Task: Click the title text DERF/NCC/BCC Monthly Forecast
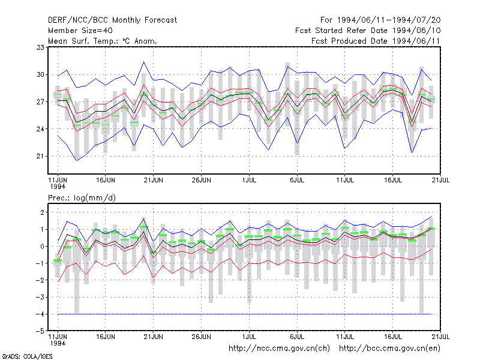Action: pos(112,20)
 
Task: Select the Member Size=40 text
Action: pos(80,31)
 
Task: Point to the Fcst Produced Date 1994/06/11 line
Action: pos(376,41)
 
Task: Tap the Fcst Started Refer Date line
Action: pos(368,31)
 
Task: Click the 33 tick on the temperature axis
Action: pos(40,47)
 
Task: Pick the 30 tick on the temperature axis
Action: pos(40,74)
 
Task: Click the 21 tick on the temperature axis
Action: pos(40,157)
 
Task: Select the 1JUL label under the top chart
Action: pos(249,181)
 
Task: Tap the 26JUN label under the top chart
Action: pos(201,181)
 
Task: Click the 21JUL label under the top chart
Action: pos(440,181)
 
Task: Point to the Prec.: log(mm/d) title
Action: pos(82,198)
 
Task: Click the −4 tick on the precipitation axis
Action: pos(40,314)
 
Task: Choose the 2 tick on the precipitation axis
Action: pos(42,212)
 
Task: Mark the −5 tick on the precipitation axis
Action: pos(40,331)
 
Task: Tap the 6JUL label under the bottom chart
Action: pos(297,337)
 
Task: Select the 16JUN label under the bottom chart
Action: pos(106,337)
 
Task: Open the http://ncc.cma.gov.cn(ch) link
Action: pos(279,349)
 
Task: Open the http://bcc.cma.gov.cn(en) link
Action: pos(389,349)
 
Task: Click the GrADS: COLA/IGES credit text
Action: pos(27,356)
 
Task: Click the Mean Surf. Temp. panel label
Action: pos(102,41)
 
